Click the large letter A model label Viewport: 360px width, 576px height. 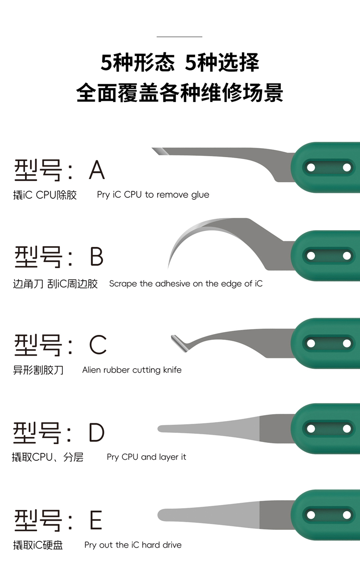(x=97, y=170)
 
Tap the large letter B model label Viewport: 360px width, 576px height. (x=97, y=257)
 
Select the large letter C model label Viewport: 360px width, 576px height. (x=98, y=345)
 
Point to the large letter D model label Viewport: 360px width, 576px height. (x=97, y=432)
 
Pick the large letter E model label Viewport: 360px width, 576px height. (x=96, y=519)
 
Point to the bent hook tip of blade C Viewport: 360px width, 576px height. (x=173, y=337)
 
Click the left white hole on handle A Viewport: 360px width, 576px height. (x=311, y=168)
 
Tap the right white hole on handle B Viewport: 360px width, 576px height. (x=347, y=256)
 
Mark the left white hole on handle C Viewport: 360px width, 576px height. (x=311, y=343)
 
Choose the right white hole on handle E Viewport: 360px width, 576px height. (x=347, y=515)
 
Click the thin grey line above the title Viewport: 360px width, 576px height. (x=180, y=37)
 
